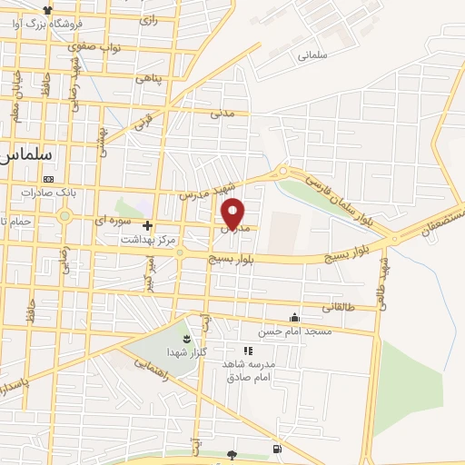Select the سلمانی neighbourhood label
click(x=311, y=55)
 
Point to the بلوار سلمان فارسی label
click(x=337, y=193)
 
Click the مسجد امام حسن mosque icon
click(x=294, y=318)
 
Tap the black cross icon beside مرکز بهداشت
click(x=147, y=225)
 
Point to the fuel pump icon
click(x=276, y=450)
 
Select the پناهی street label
click(x=148, y=79)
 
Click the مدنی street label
click(x=223, y=114)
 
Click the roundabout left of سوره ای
click(x=64, y=217)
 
